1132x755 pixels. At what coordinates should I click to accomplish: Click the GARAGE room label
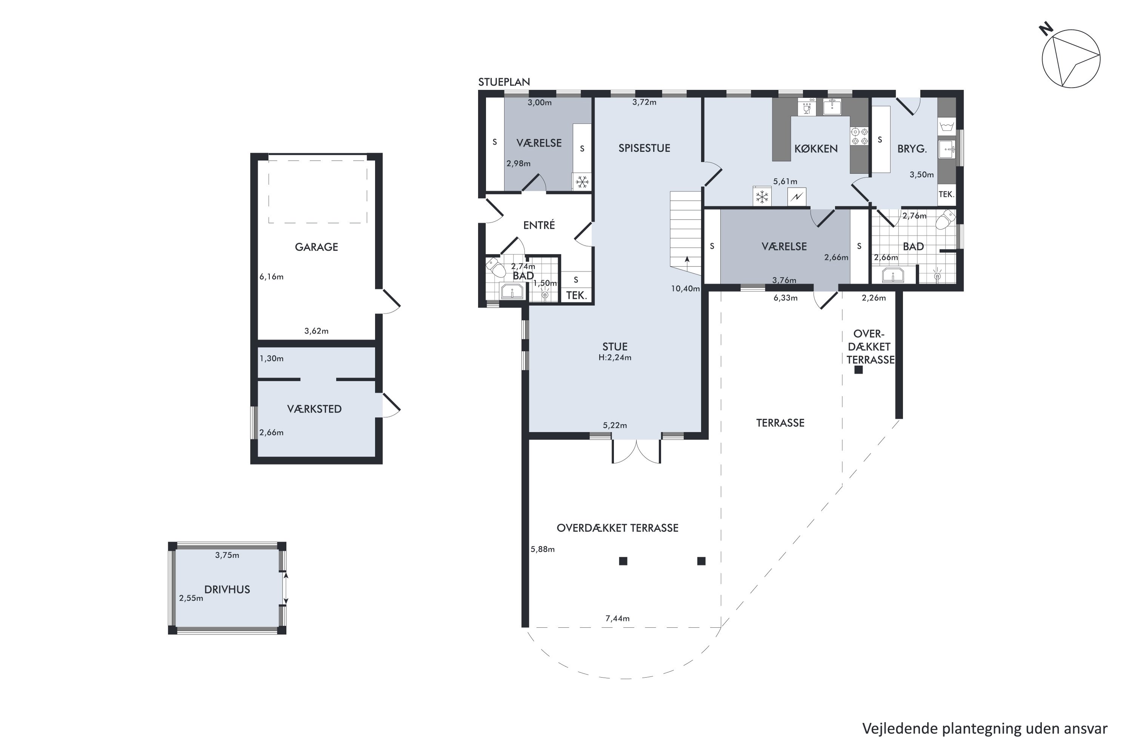coord(316,247)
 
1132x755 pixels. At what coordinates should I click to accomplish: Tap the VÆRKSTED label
coord(314,409)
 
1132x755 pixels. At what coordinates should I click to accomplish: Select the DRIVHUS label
coord(227,589)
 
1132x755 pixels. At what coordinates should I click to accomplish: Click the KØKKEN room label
coord(816,149)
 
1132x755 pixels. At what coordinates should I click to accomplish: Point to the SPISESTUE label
coord(644,148)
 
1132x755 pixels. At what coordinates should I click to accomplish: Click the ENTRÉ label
coord(539,225)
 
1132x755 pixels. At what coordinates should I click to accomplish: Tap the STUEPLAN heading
coord(504,82)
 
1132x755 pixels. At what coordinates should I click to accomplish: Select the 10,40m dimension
coord(685,288)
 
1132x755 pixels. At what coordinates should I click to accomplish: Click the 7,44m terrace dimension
coord(617,618)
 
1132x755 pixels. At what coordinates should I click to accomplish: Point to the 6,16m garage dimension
coord(271,276)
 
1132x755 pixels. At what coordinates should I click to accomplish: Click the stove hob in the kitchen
coord(859,136)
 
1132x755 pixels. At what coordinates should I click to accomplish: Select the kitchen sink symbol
coord(832,106)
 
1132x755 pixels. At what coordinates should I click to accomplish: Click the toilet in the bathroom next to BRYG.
coord(945,220)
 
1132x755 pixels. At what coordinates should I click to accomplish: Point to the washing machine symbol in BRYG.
coord(946,126)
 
